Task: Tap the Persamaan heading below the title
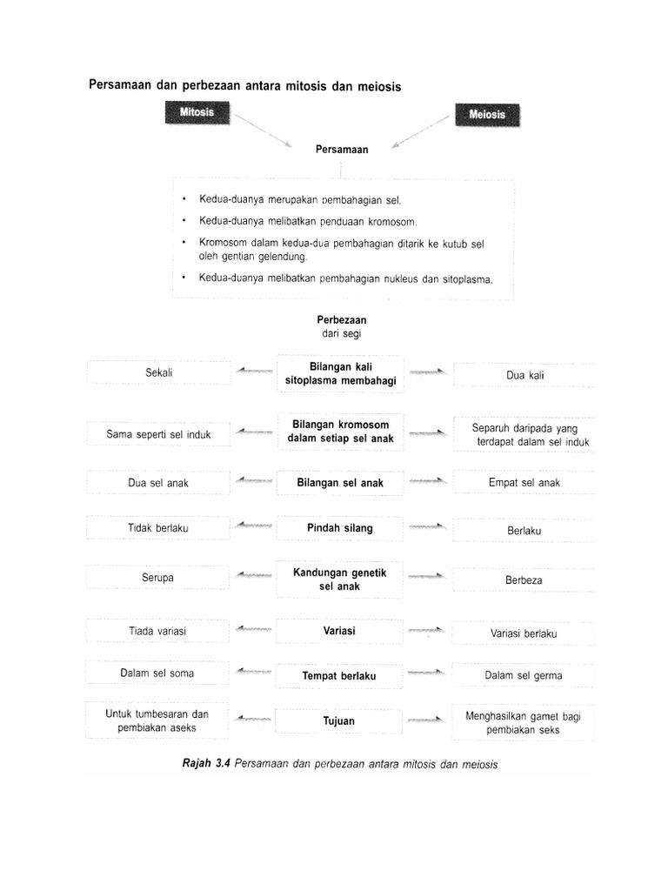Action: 342,150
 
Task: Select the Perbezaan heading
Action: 341,320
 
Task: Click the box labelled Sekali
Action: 159,372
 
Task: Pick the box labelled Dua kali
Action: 524,375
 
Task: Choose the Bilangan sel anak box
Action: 340,482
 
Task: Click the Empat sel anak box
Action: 524,482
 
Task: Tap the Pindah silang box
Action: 340,527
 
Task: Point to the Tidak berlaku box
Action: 158,527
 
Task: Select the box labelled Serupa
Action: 158,578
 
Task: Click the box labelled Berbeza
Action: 524,579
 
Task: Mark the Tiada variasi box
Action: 158,631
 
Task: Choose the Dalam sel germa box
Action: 524,675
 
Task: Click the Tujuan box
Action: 340,721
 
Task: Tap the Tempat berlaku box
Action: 340,675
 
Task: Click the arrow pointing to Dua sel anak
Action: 253,481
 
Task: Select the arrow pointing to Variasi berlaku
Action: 428,631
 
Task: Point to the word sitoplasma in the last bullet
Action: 463,279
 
